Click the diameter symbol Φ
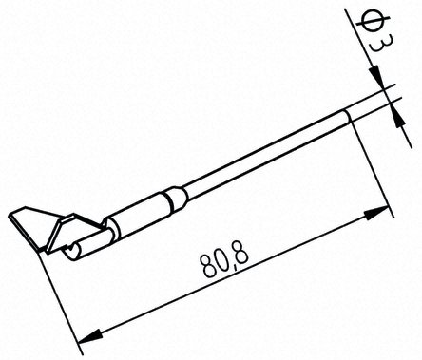point(372,20)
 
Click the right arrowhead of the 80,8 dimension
point(377,213)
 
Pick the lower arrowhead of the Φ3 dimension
point(397,117)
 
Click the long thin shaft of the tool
point(269,152)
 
